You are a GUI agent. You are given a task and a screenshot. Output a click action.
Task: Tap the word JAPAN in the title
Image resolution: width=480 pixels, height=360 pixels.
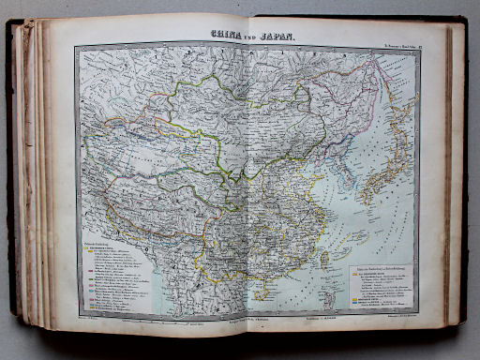click(x=277, y=36)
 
